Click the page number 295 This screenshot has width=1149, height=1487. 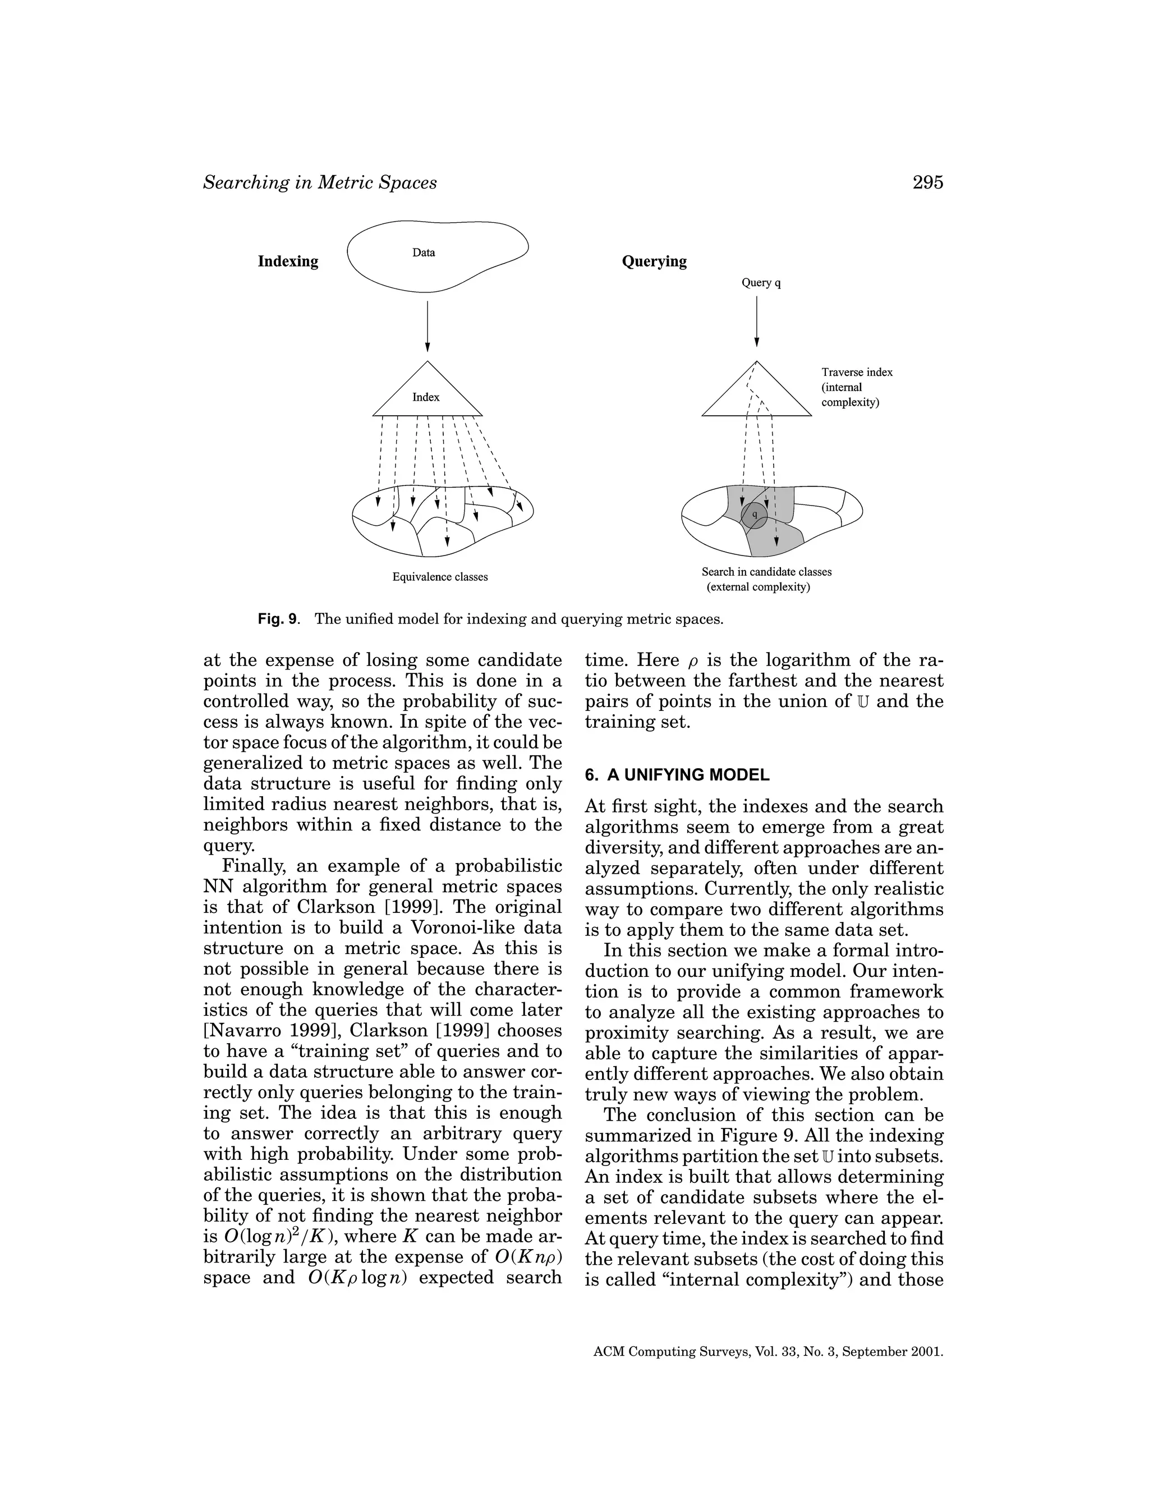927,182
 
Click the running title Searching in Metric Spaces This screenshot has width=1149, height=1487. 320,182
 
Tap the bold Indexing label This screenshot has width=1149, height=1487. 288,261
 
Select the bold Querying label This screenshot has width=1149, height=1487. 654,261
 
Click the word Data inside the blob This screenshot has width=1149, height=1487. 424,253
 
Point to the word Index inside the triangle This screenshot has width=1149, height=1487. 426,397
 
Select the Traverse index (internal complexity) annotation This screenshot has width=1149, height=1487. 856,387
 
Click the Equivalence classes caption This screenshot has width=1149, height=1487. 440,577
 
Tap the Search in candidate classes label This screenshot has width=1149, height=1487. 766,572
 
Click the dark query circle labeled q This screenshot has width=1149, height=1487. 754,515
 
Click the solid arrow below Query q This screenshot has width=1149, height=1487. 757,320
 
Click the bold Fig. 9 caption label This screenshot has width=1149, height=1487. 278,619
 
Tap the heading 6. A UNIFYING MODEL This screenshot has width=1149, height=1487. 677,775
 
